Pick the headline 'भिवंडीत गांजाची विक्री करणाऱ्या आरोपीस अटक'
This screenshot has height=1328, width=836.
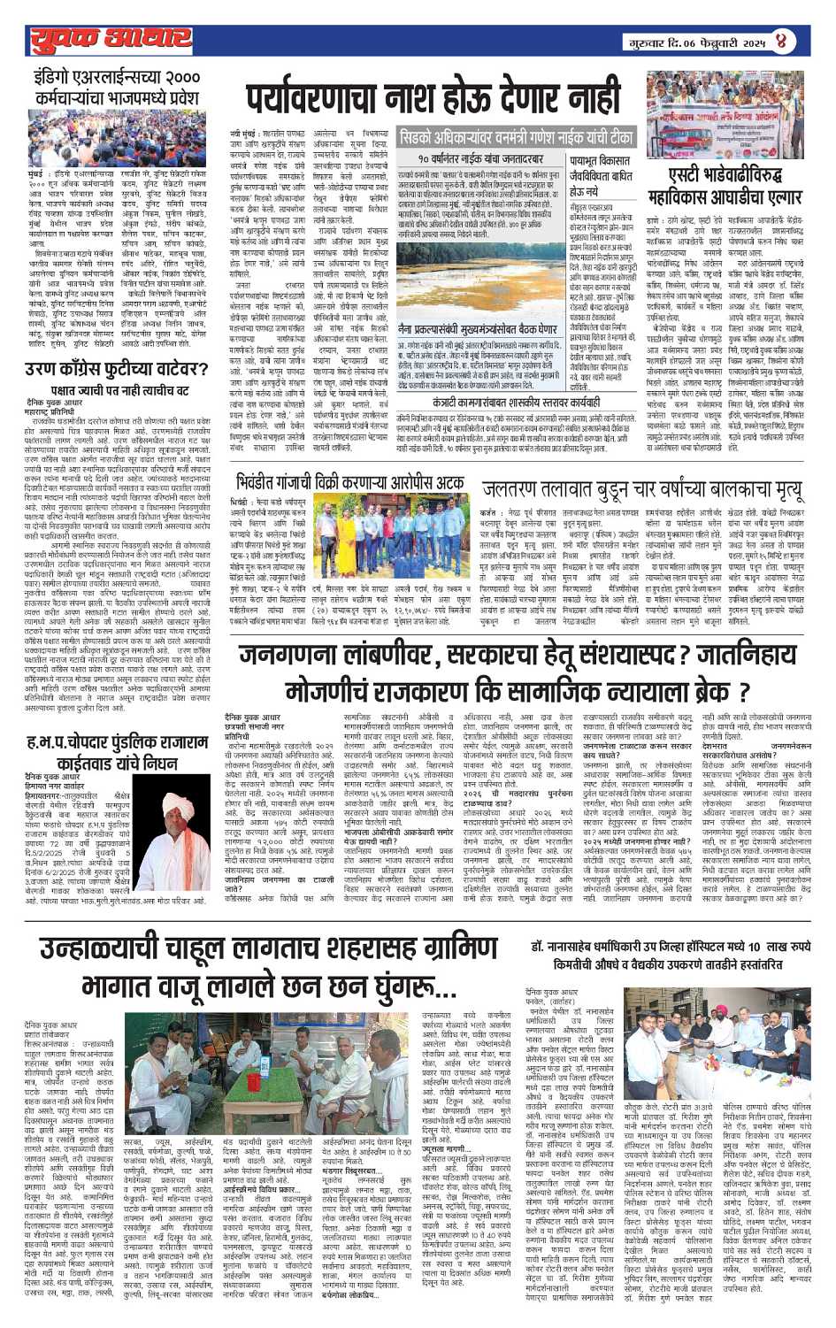350,482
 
